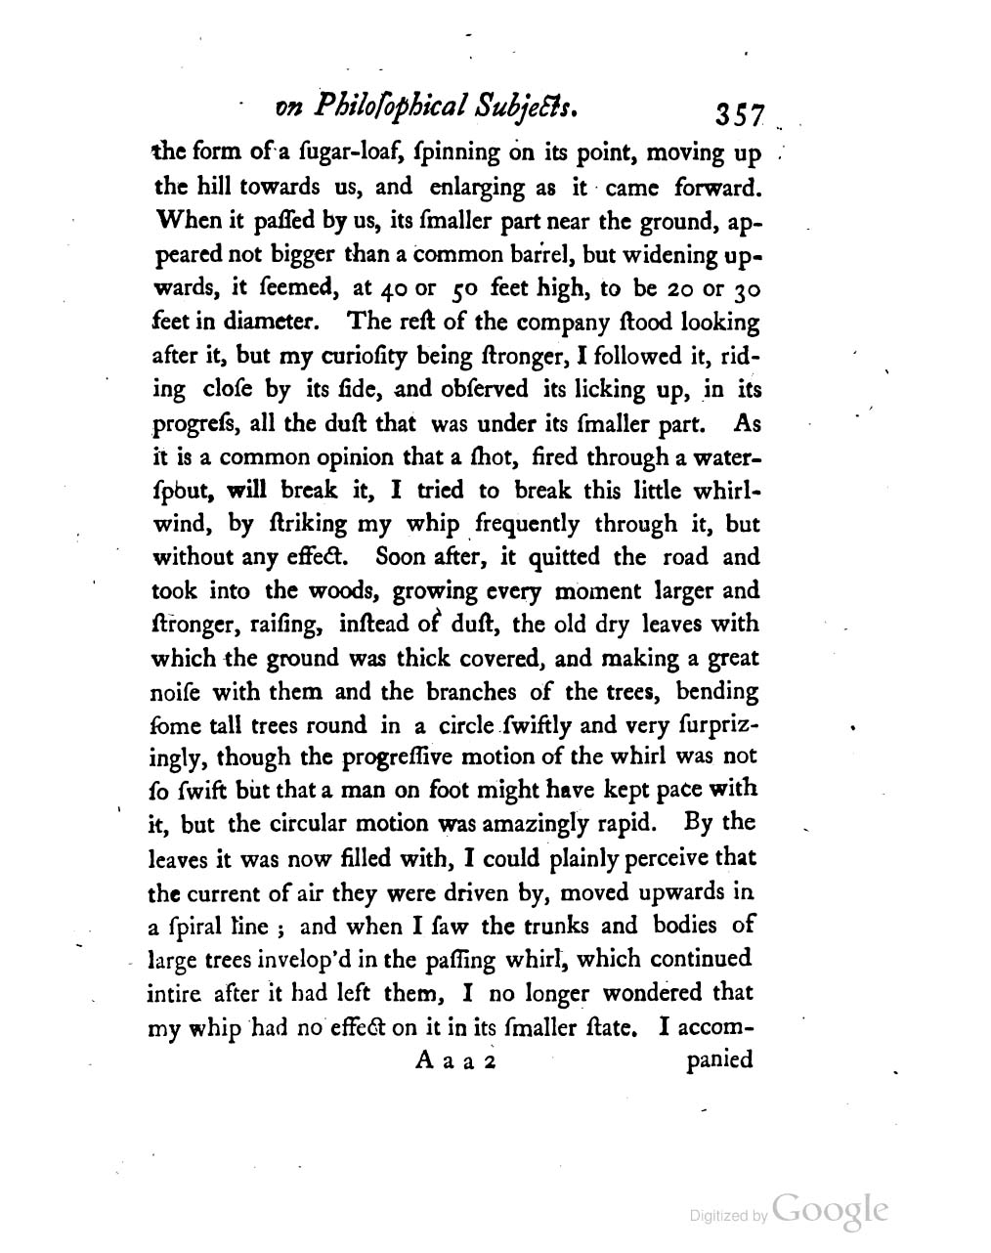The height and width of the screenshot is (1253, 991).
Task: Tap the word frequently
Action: (528, 524)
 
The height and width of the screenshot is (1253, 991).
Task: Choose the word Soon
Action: (394, 557)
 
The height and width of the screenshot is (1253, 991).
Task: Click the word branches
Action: (472, 692)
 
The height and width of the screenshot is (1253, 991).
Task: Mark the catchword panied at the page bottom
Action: (718, 1060)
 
